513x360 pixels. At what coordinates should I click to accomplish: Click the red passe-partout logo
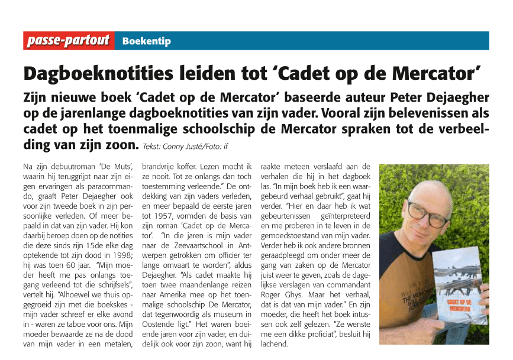pyautogui.click(x=69, y=41)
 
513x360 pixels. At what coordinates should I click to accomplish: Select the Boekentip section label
pyautogui.click(x=146, y=41)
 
